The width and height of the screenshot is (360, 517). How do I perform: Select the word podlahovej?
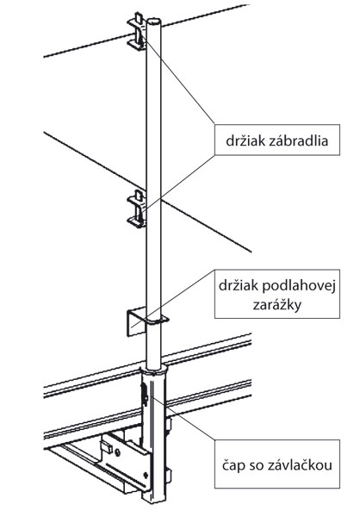tap(299, 286)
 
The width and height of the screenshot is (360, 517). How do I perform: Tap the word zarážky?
tap(277, 305)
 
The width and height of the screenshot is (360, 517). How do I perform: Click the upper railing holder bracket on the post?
tap(137, 31)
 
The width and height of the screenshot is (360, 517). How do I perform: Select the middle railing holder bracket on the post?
tap(137, 209)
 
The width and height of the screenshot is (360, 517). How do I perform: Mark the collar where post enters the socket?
tap(154, 370)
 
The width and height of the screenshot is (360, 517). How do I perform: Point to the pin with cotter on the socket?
tap(144, 395)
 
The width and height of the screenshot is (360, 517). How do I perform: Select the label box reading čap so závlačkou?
tap(277, 464)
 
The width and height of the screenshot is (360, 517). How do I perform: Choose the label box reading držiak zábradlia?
tap(277, 140)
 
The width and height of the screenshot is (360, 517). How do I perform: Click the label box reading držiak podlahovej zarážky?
tap(277, 294)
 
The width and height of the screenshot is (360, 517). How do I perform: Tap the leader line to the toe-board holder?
tap(173, 299)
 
